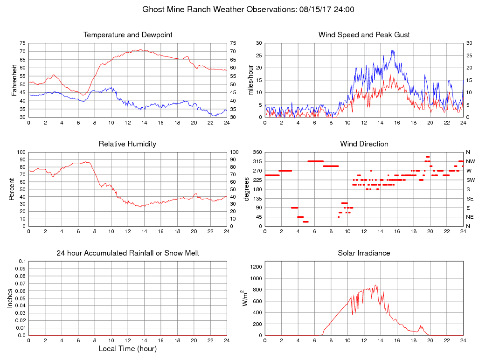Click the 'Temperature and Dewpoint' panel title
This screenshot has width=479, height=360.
(128, 35)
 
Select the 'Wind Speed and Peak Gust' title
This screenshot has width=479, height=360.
(364, 35)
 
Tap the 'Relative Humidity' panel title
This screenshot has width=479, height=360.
(127, 144)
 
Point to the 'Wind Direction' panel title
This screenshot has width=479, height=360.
(364, 144)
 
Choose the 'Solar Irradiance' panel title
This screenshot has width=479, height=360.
(364, 253)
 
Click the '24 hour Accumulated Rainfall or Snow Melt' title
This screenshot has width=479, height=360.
(128, 253)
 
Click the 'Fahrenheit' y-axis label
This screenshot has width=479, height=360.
(14, 80)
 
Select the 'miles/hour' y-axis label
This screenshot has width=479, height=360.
(250, 80)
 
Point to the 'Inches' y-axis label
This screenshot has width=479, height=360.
(10, 298)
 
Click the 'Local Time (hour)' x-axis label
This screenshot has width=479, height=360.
(127, 348)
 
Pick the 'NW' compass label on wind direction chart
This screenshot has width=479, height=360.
(470, 161)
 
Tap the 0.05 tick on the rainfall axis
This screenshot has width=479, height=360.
(20, 298)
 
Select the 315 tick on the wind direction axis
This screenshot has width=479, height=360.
(256, 161)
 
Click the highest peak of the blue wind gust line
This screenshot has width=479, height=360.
(393, 50)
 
